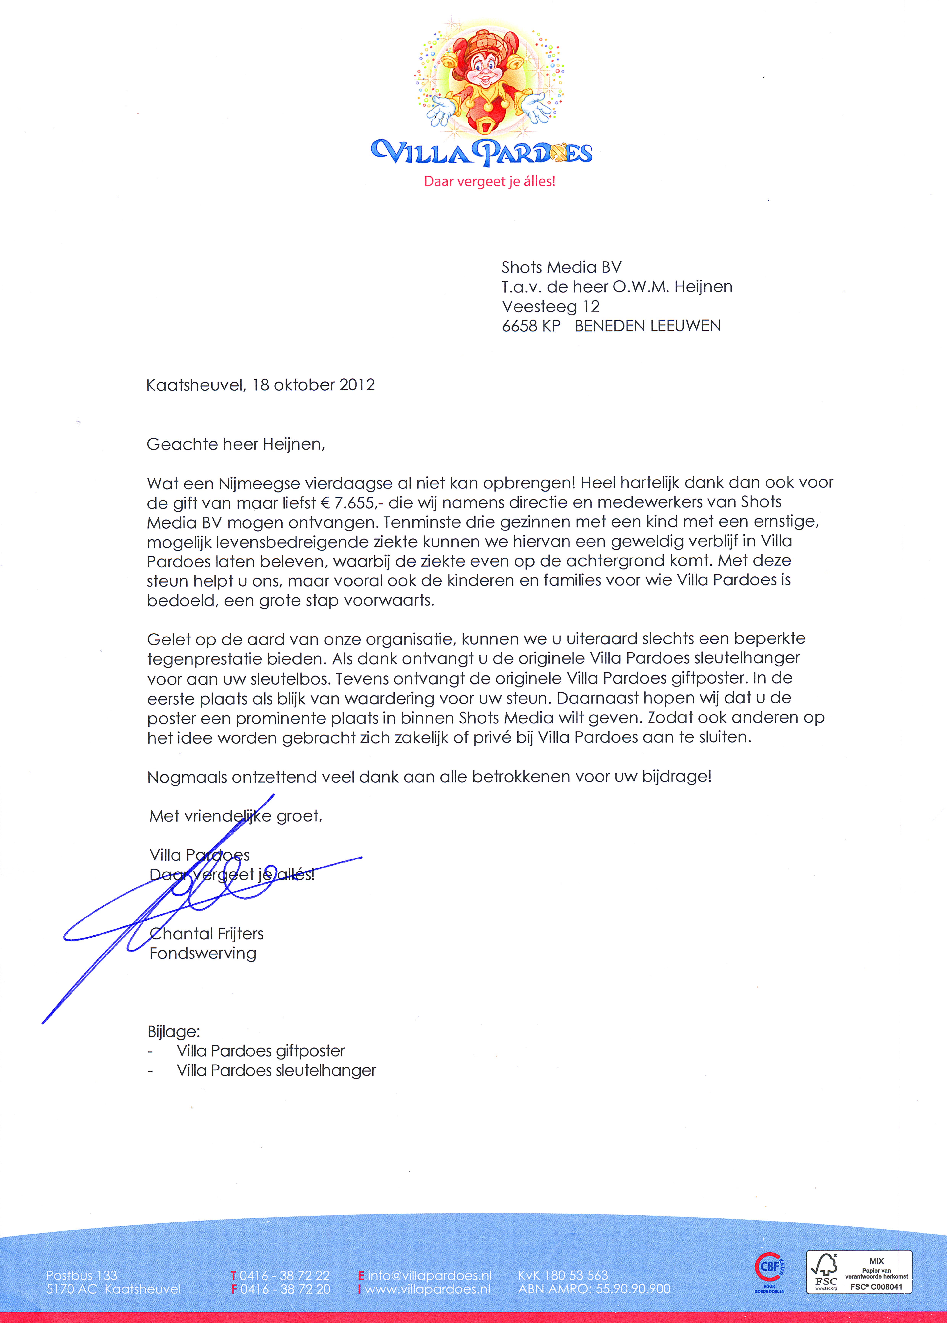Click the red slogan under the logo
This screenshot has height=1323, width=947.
pyautogui.click(x=489, y=181)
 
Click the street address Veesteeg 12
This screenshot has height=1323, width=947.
pyautogui.click(x=550, y=306)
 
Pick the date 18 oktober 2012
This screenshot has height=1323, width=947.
pyautogui.click(x=313, y=385)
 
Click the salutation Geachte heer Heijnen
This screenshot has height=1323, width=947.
pyautogui.click(x=236, y=444)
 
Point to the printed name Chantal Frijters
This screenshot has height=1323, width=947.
pyautogui.click(x=206, y=934)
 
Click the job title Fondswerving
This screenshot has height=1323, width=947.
pyautogui.click(x=203, y=953)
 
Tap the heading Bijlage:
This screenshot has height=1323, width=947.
pyautogui.click(x=173, y=1032)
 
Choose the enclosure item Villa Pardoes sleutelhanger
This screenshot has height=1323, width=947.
pyautogui.click(x=276, y=1070)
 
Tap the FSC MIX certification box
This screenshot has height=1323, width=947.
pyautogui.click(x=859, y=1272)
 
